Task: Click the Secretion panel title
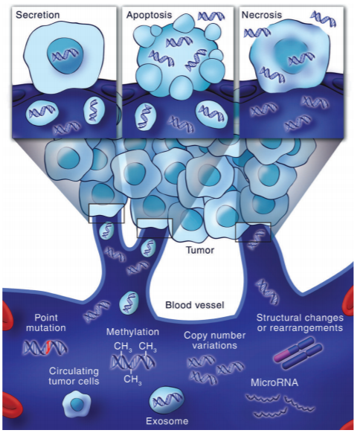[38, 15]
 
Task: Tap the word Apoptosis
[149, 15]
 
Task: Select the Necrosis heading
[262, 15]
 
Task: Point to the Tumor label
[200, 250]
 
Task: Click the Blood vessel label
[195, 305]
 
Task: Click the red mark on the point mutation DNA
[48, 347]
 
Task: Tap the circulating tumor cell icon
[77, 404]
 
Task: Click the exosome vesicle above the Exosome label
[167, 400]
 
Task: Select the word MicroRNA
[274, 382]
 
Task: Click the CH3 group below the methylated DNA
[132, 379]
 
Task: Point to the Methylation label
[132, 332]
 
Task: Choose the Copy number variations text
[214, 340]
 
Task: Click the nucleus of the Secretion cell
[65, 56]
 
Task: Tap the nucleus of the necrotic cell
[292, 56]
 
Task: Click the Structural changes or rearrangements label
[300, 323]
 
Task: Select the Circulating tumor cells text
[74, 376]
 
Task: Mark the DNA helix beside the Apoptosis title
[211, 16]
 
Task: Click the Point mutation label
[46, 323]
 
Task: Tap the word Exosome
[167, 421]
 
